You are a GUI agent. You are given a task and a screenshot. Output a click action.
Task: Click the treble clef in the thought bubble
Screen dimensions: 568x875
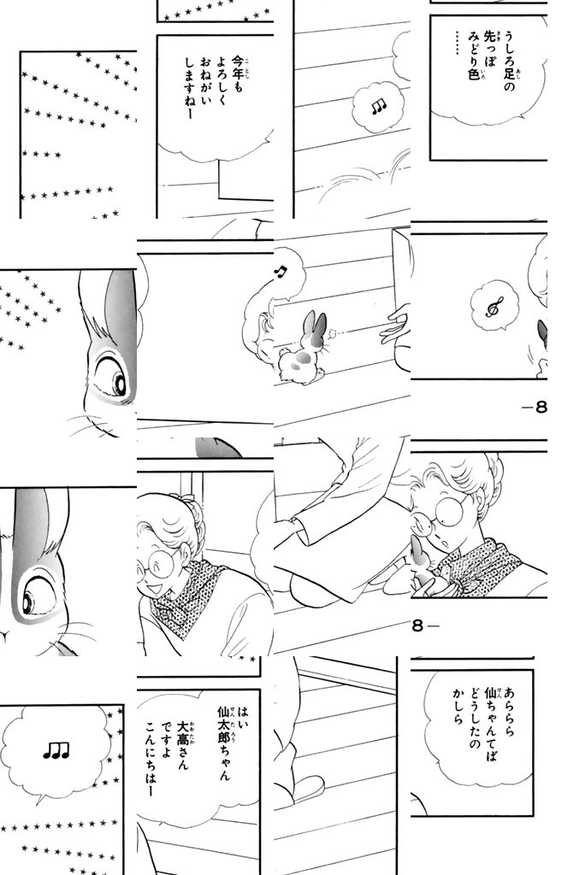(x=493, y=307)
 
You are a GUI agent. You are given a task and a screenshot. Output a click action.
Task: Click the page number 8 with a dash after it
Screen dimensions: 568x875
(x=424, y=625)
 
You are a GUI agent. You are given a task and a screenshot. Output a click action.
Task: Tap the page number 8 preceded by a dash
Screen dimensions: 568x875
(x=535, y=408)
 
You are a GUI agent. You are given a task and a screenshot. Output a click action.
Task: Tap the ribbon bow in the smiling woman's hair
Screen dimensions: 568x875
(x=181, y=496)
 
